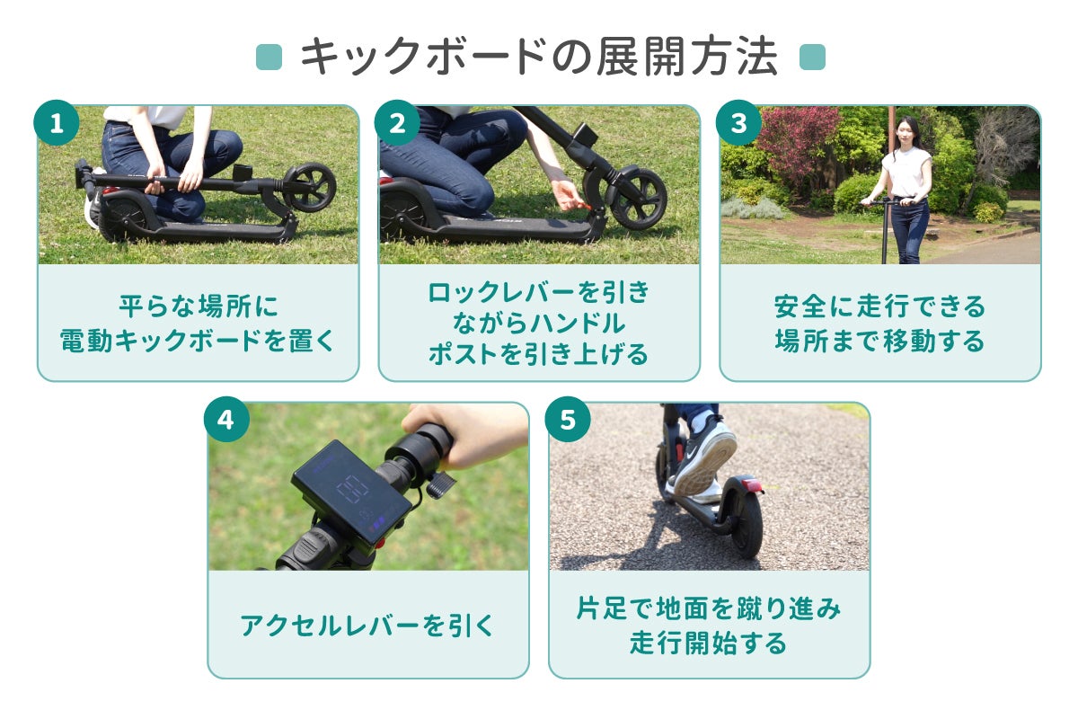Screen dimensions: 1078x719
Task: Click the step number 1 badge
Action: (x=57, y=123)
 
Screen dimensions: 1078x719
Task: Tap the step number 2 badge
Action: (x=397, y=123)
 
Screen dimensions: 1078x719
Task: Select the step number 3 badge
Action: (x=738, y=123)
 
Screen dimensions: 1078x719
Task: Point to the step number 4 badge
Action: (x=226, y=420)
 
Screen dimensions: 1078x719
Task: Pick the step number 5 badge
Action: (x=568, y=420)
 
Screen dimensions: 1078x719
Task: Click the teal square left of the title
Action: (x=269, y=57)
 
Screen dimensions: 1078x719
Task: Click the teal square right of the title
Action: (x=812, y=57)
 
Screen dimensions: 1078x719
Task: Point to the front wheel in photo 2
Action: (x=639, y=199)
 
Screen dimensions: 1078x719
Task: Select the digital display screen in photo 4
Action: (x=351, y=494)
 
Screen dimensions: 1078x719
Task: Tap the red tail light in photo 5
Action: (x=752, y=484)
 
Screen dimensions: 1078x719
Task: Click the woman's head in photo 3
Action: (x=906, y=131)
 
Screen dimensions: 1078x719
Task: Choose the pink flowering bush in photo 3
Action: (x=797, y=144)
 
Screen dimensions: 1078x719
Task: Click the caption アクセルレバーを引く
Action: (x=367, y=626)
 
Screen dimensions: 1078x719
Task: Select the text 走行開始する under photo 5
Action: (x=708, y=643)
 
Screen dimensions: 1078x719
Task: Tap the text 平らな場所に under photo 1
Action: (x=199, y=306)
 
